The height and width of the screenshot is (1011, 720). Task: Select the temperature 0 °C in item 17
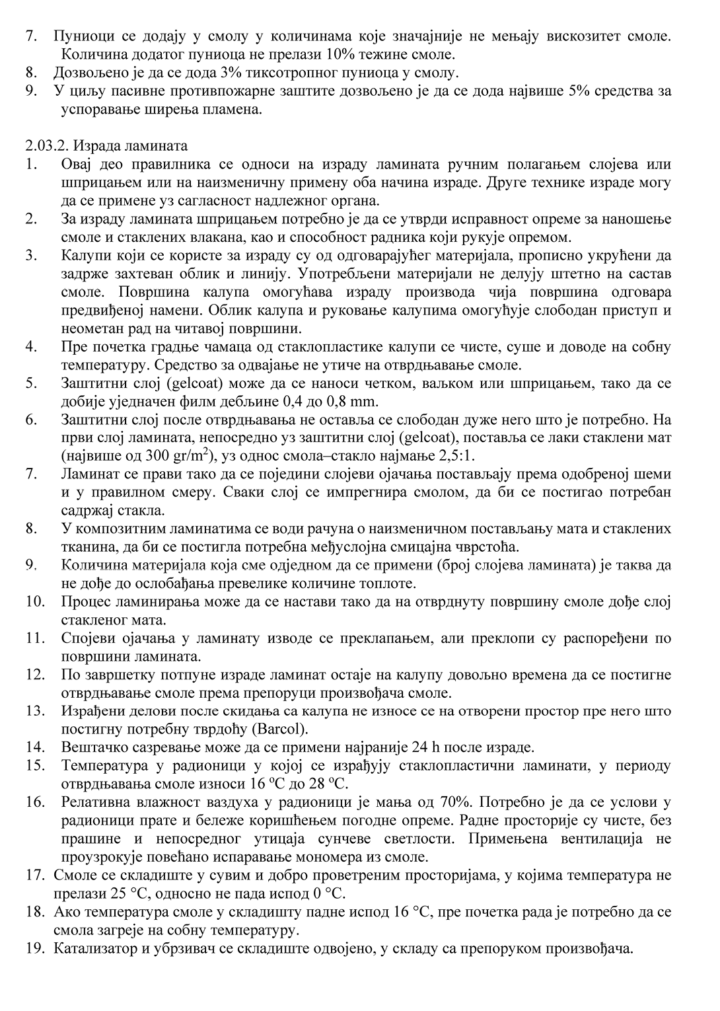[x=326, y=893]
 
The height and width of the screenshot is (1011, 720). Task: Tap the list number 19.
[x=34, y=948]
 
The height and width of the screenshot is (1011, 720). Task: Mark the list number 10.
[x=35, y=602]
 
